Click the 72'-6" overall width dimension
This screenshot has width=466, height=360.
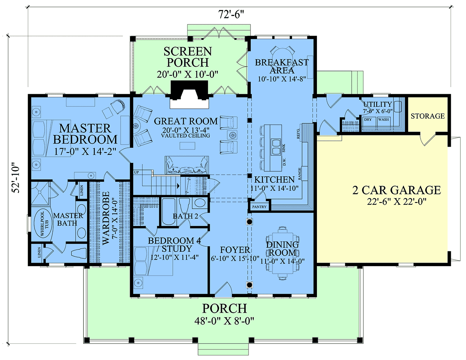pyautogui.click(x=231, y=15)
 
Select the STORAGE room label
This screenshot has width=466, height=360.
pyautogui.click(x=428, y=116)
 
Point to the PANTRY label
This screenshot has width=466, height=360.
pyautogui.click(x=259, y=207)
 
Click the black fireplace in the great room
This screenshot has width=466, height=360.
pyautogui.click(x=189, y=90)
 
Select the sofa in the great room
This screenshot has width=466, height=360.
pyautogui.click(x=186, y=165)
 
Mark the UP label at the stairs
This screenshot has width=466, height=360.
pyautogui.click(x=136, y=172)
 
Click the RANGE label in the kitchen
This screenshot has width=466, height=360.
pyautogui.click(x=299, y=173)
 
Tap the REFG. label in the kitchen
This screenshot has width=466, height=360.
pyautogui.click(x=298, y=133)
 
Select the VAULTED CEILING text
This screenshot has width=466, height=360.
pyautogui.click(x=185, y=135)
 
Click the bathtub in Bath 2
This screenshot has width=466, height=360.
pyautogui.click(x=169, y=211)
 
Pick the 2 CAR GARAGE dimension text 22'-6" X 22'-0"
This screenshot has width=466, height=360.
pyautogui.click(x=396, y=202)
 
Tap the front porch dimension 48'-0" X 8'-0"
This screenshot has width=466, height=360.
pyautogui.click(x=224, y=321)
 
